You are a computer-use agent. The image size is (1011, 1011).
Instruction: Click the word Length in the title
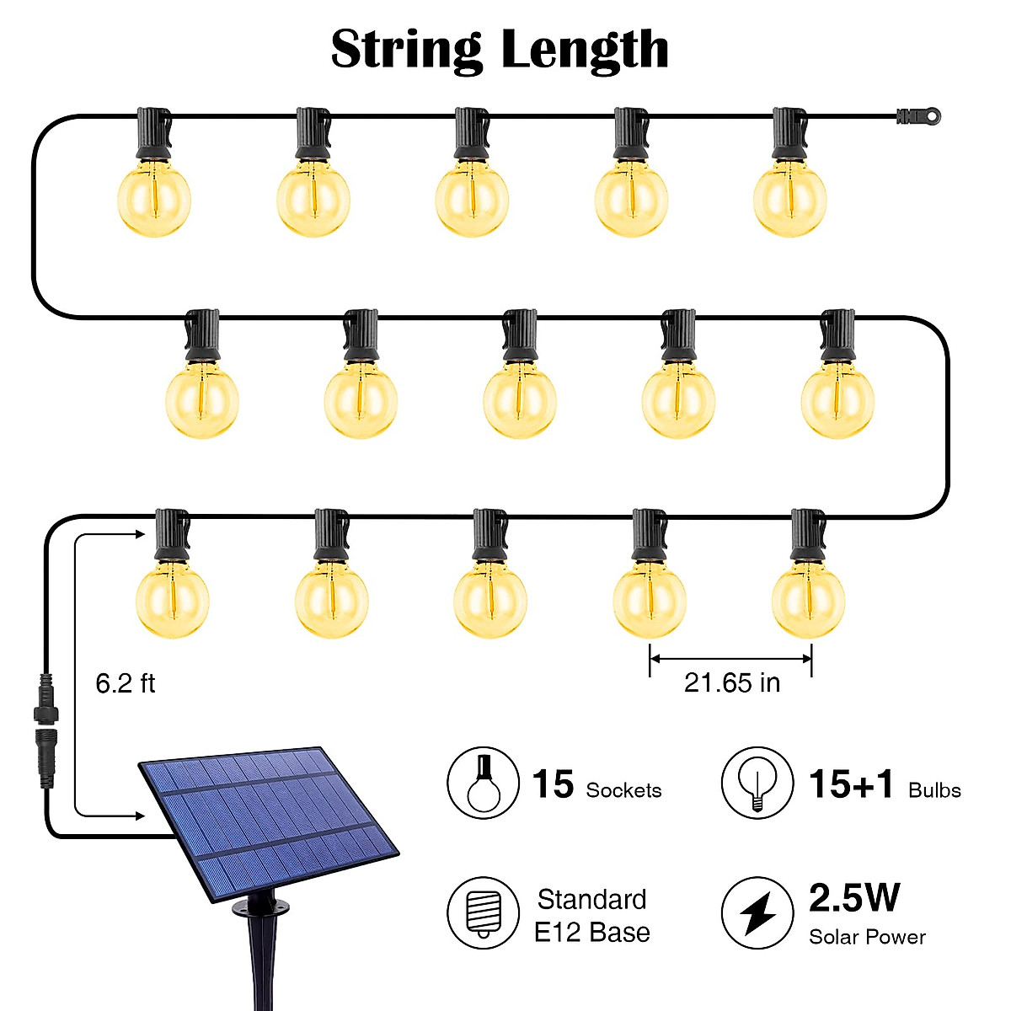click(585, 51)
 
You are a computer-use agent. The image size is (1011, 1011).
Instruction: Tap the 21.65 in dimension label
click(731, 682)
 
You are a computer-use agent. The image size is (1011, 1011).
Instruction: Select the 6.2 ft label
click(125, 682)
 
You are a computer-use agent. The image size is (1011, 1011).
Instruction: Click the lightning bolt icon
click(757, 913)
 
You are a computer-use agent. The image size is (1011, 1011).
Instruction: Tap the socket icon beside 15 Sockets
click(483, 783)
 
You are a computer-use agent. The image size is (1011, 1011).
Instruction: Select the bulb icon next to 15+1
click(757, 783)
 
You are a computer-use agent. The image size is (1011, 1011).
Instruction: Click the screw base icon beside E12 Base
click(483, 913)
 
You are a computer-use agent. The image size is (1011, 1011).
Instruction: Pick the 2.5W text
click(853, 897)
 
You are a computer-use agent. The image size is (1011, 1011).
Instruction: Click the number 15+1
click(851, 784)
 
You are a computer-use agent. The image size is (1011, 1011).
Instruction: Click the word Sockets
click(623, 790)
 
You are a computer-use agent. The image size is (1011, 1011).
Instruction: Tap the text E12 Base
click(592, 933)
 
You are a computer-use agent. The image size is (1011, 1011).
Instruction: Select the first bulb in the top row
click(154, 201)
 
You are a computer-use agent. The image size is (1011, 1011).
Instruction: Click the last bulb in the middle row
click(837, 401)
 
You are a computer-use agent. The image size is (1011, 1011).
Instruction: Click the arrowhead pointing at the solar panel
click(141, 815)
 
